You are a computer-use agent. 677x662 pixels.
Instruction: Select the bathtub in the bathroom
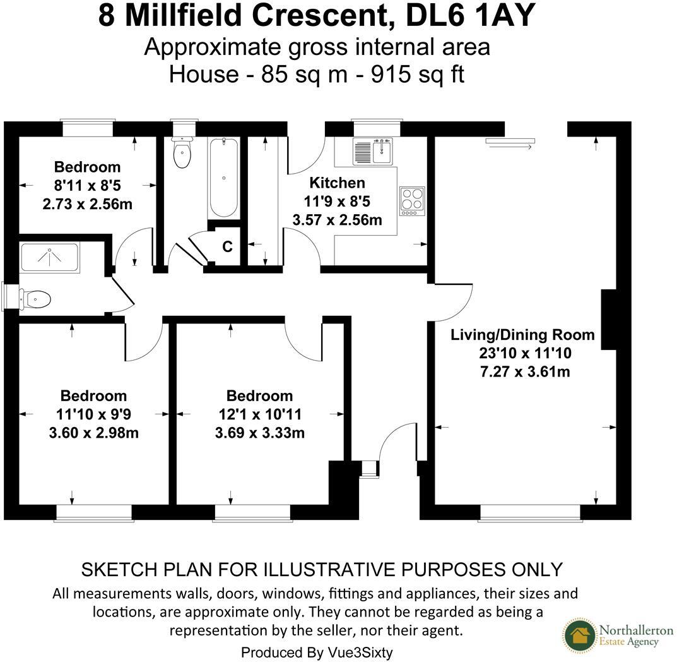[x=223, y=178]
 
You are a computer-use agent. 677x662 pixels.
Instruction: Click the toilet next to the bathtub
[x=182, y=152]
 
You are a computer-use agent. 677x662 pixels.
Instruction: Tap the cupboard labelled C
[x=227, y=247]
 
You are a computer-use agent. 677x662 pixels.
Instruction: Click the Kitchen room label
[x=337, y=183]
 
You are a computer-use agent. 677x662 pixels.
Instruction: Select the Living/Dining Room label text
[x=522, y=335]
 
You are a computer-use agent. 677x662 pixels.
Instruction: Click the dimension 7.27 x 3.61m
[x=525, y=371]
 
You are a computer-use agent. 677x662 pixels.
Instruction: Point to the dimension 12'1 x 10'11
[x=259, y=414]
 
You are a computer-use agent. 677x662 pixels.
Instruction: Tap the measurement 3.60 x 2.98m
[x=93, y=433]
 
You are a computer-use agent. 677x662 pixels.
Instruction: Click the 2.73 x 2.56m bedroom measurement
[x=87, y=205]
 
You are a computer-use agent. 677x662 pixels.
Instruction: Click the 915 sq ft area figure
[x=418, y=75]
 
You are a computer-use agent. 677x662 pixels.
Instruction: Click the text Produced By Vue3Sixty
[x=317, y=652]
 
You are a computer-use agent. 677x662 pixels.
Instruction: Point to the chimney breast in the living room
[x=608, y=320]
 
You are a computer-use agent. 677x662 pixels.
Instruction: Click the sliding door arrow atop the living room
[x=510, y=144]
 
